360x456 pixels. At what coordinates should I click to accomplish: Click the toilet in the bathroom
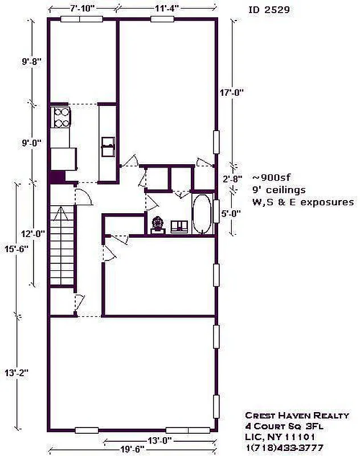click(157, 224)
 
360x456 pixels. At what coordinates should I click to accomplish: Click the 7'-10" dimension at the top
click(82, 8)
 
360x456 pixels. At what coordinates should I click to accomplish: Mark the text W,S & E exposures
click(302, 202)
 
